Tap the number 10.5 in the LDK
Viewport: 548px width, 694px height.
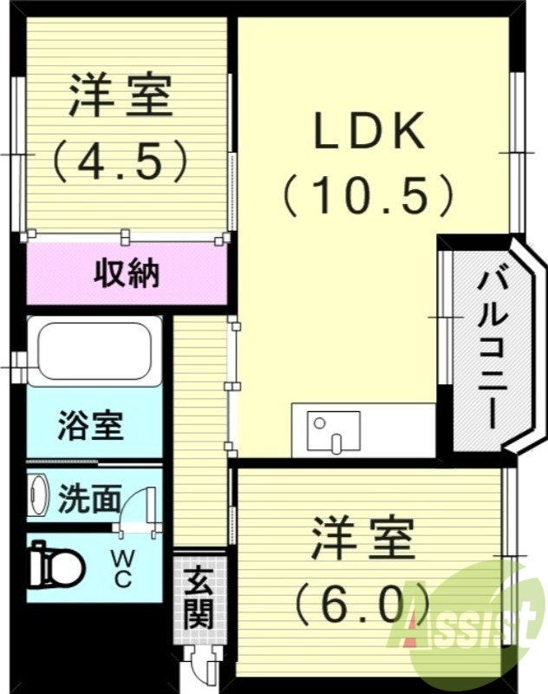[x=368, y=196]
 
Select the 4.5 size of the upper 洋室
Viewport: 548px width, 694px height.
[x=121, y=160]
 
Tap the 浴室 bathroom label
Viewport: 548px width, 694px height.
[x=90, y=426]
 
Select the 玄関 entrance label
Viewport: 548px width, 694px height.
[x=199, y=598]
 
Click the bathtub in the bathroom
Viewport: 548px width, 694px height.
[x=94, y=351]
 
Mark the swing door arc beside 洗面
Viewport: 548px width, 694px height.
[x=137, y=507]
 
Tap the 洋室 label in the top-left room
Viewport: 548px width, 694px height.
[x=121, y=96]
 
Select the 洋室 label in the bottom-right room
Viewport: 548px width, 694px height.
[x=363, y=539]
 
